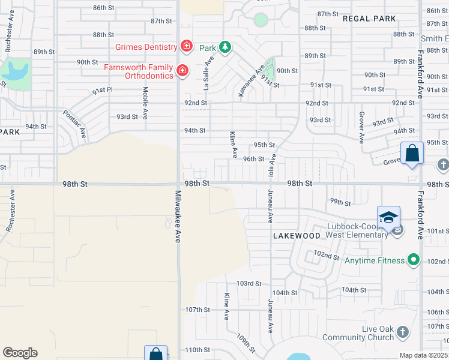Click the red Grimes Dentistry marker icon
pos(186,46)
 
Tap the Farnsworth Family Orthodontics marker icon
pos(183,71)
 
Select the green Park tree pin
pos(225,47)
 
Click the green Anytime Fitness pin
pos(413,260)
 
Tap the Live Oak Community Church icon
pos(403,331)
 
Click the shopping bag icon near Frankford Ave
pos(412,154)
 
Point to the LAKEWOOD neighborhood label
pos(297,236)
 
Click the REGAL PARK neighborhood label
pos(369,19)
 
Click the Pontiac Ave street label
pos(75,124)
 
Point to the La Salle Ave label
pos(208,73)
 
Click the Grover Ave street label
pos(362,127)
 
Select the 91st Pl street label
pos(103,91)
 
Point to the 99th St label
pos(340,203)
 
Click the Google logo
pos(20,353)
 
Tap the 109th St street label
pos(246,344)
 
